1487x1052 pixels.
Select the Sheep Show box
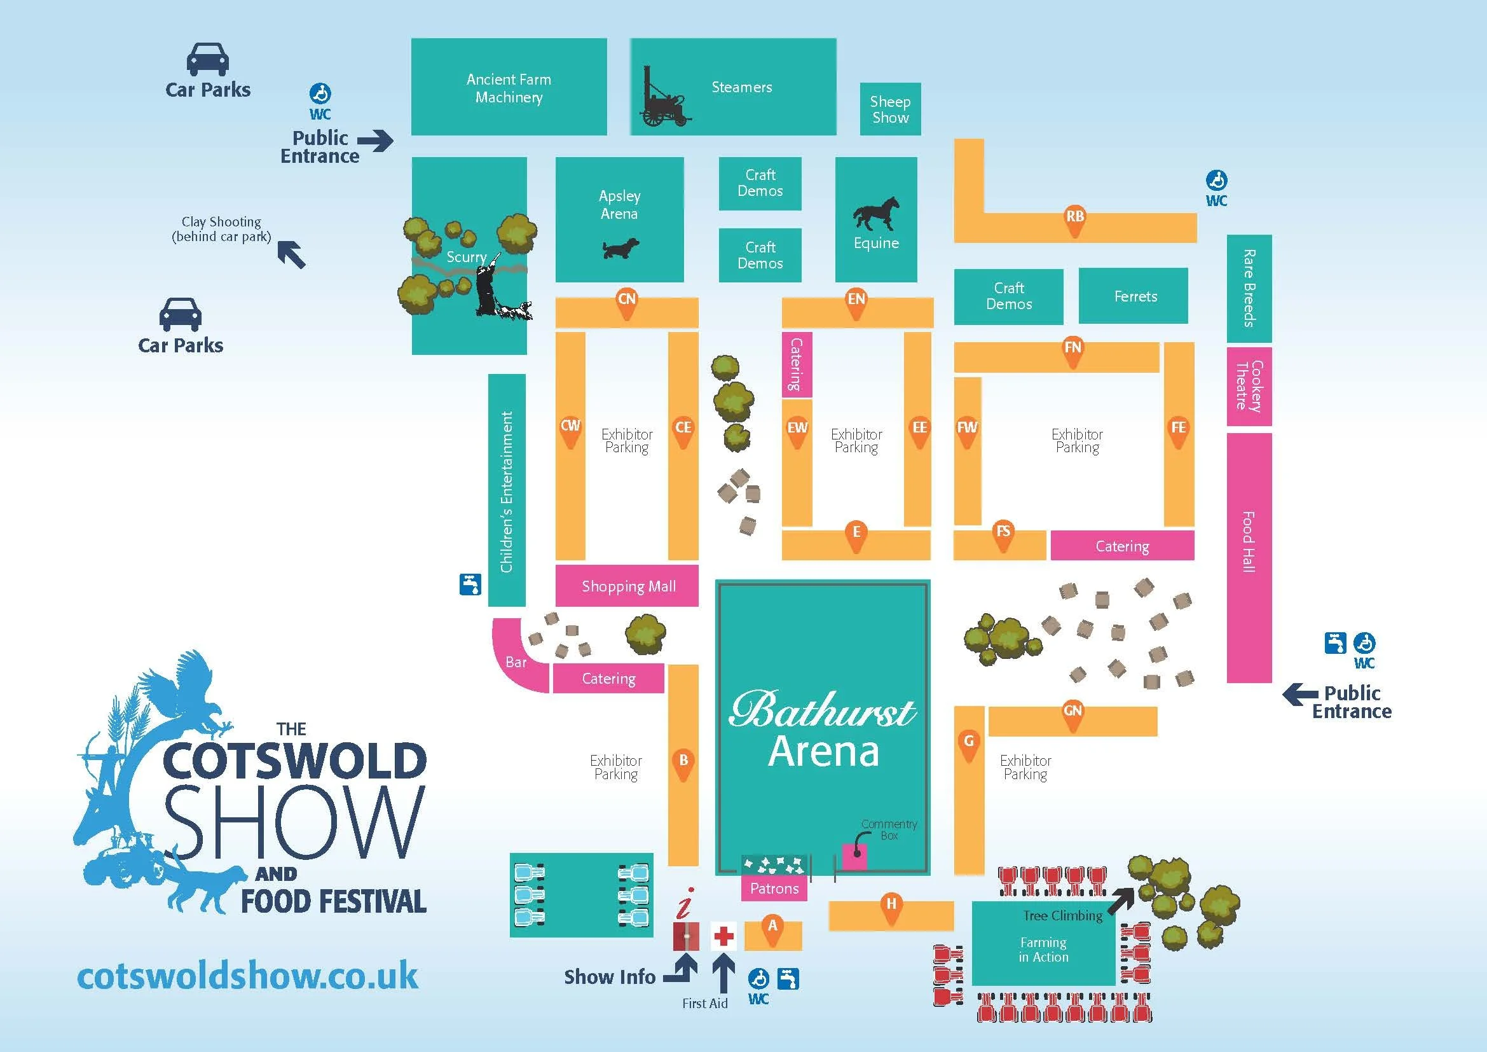[x=890, y=109]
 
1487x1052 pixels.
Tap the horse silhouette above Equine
[x=876, y=213]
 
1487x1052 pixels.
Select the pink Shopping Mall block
[x=627, y=586]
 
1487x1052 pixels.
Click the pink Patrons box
[x=774, y=889]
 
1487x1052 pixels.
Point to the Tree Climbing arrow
[x=1121, y=900]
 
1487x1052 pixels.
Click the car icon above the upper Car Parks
[x=207, y=60]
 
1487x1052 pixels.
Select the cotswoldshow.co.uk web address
[x=247, y=977]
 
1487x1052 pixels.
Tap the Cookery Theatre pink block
[x=1249, y=386]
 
